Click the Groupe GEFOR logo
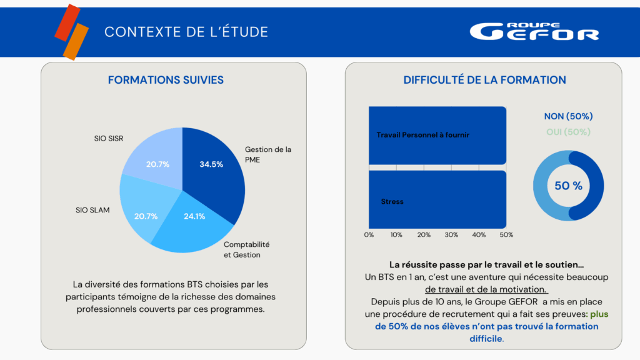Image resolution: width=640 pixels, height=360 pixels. [534, 32]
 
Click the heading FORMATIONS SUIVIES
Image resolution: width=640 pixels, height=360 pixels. [166, 80]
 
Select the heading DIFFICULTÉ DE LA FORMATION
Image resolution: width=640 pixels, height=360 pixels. [484, 80]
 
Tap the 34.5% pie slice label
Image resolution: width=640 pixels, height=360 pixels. [211, 164]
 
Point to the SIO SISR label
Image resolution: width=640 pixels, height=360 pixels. [104, 138]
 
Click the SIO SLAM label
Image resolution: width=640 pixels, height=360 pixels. [92, 210]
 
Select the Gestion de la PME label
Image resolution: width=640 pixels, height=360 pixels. [268, 154]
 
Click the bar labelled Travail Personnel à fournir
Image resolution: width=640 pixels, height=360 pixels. [437, 135]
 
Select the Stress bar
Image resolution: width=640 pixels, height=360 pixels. [437, 201]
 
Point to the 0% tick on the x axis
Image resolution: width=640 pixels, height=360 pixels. [369, 235]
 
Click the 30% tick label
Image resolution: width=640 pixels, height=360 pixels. [451, 235]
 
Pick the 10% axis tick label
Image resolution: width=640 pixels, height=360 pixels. [396, 235]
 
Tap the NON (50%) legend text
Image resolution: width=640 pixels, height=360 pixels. [568, 116]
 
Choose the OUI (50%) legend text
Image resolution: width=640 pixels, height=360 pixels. [568, 132]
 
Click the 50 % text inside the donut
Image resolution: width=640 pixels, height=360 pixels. [568, 186]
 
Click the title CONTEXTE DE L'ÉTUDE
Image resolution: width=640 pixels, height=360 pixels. [186, 32]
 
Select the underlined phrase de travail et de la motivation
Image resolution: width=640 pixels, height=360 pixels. [486, 289]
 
